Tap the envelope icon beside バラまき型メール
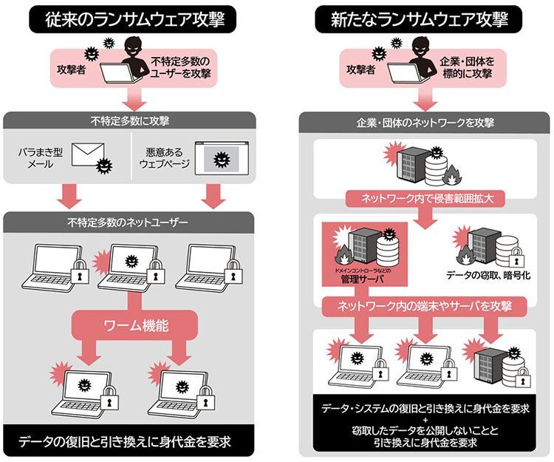87,156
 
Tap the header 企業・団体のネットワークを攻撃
425,122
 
